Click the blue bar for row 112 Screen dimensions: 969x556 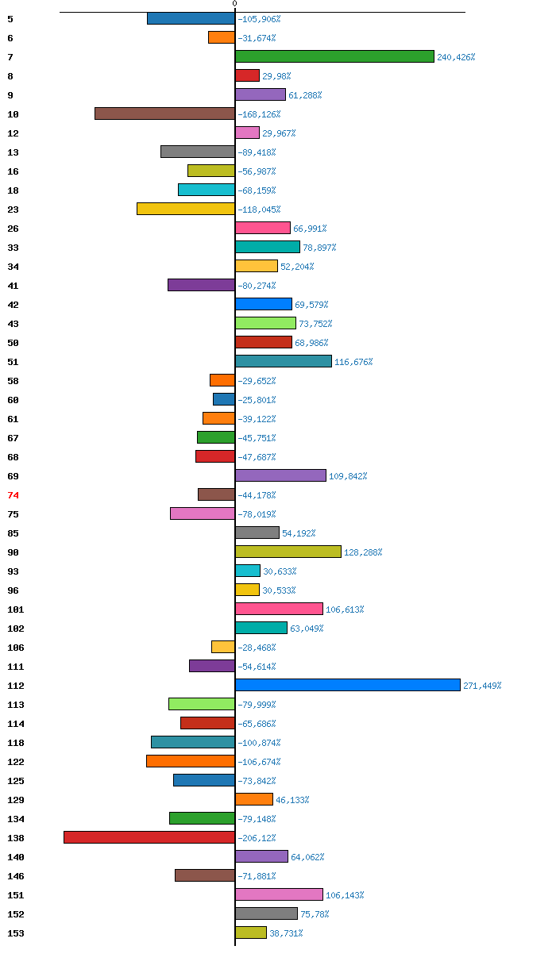(x=348, y=685)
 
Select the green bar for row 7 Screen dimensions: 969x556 (x=334, y=56)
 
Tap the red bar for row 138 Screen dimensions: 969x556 (x=149, y=837)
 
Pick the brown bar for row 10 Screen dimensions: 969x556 (x=164, y=113)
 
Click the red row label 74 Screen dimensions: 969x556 (x=13, y=495)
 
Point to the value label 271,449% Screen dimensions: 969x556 (x=482, y=686)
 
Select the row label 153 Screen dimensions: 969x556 (x=16, y=933)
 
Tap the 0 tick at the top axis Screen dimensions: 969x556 (x=234, y=4)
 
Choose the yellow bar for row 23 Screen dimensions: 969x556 (x=186, y=209)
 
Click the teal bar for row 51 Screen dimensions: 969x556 (x=284, y=361)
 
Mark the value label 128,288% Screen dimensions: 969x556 (x=363, y=552)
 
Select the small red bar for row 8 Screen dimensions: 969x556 (x=247, y=75)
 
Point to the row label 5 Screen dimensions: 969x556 (x=10, y=19)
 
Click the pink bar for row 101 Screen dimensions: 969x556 (x=279, y=609)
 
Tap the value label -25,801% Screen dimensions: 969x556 (x=257, y=400)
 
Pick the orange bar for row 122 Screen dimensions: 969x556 (x=191, y=761)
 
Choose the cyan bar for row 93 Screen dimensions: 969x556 (x=248, y=571)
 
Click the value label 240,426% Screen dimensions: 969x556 (x=456, y=57)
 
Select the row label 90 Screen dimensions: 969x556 (x=13, y=552)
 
